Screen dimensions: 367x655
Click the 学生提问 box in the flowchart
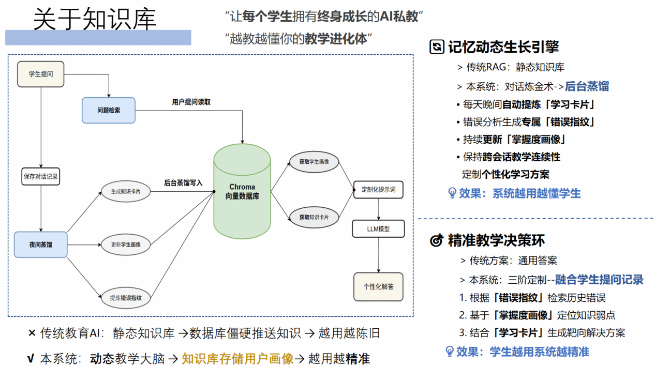tap(41, 74)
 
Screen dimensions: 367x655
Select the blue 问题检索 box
tap(109, 110)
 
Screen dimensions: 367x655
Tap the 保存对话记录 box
tap(41, 177)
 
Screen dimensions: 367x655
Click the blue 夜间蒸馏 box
tap(41, 244)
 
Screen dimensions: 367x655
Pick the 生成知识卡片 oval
tap(126, 191)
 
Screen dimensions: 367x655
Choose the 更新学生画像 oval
tap(126, 244)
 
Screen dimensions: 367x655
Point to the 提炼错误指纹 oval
tap(126, 298)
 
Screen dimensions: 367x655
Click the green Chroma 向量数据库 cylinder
tap(242, 191)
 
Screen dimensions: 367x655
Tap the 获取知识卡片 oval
tap(314, 217)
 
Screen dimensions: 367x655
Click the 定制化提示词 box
tap(378, 190)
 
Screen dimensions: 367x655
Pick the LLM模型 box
tap(378, 229)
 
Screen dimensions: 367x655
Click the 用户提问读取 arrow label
tap(191, 102)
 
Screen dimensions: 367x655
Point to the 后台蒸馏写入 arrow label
tap(183, 183)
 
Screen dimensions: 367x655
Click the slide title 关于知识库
tap(95, 20)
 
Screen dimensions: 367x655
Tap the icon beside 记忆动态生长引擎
tap(437, 47)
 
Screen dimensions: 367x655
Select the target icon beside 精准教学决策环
tap(437, 240)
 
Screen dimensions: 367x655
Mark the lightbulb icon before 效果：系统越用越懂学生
tap(452, 193)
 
